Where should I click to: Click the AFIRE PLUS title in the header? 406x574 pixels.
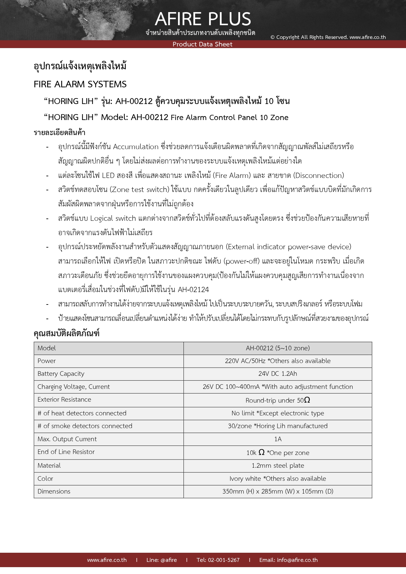(x=203, y=19)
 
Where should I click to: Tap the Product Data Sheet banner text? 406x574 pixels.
(x=203, y=44)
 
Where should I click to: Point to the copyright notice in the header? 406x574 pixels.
(x=328, y=37)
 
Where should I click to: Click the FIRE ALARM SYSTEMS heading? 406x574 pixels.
(x=80, y=84)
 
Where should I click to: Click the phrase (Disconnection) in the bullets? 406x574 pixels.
(x=319, y=176)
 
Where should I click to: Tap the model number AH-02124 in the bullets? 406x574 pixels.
(x=193, y=290)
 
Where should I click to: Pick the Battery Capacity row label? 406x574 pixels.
(x=61, y=374)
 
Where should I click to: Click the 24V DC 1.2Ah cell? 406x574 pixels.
(x=278, y=374)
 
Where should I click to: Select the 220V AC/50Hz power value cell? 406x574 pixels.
(x=278, y=361)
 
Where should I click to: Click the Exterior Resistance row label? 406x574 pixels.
(x=64, y=400)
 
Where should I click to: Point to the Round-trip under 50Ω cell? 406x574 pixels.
(x=278, y=400)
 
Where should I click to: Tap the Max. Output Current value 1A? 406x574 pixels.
(x=278, y=439)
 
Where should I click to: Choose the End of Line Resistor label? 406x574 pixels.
(x=66, y=452)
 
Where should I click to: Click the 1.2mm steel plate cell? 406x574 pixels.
(x=278, y=466)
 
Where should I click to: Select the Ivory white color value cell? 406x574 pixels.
(x=278, y=479)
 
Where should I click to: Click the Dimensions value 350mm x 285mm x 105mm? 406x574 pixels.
(x=278, y=492)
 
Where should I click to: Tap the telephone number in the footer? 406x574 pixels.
(x=218, y=560)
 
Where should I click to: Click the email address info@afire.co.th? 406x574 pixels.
(x=289, y=560)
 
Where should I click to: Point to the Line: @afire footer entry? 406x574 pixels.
(x=162, y=560)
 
